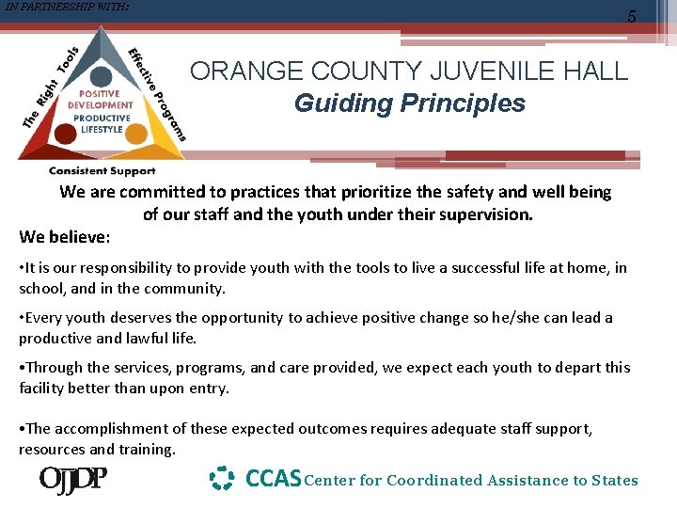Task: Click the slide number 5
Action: tap(657, 17)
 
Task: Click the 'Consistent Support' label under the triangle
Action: tap(102, 171)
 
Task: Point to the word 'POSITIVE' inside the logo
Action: tap(100, 94)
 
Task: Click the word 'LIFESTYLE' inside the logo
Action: tap(102, 130)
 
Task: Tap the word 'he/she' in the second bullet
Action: tap(491, 318)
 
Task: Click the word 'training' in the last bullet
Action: tap(145, 450)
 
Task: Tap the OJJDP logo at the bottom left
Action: tap(72, 480)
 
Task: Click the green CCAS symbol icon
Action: tap(221, 479)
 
